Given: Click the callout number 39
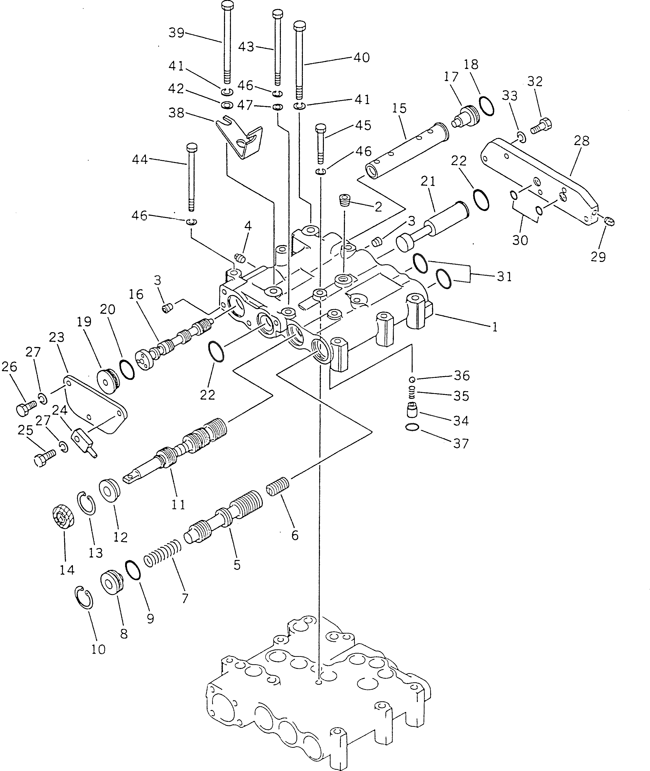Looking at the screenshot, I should (x=176, y=33).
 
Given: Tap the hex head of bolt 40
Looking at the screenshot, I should (x=300, y=26).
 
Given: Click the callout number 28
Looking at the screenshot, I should (x=582, y=141).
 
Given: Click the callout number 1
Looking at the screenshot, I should (x=494, y=327).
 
